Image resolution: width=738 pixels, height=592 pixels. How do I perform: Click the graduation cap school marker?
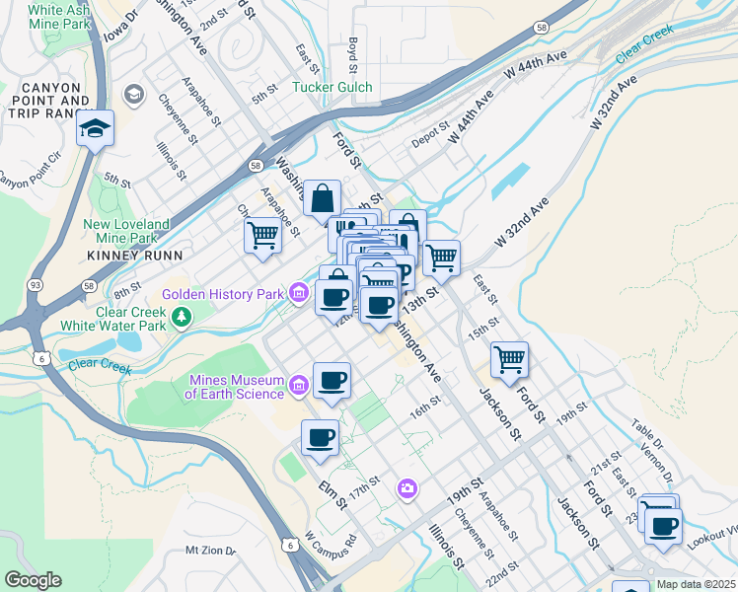(96, 129)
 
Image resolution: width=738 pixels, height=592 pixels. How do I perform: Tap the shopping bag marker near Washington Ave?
(322, 198)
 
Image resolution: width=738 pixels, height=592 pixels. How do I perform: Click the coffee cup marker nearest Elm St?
(320, 438)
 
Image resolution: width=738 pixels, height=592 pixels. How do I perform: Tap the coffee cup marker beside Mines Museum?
(332, 381)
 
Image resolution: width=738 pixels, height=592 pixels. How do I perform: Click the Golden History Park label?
(224, 294)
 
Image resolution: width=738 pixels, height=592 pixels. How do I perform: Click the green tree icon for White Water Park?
(180, 317)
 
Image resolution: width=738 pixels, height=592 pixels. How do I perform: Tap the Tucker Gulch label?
(332, 87)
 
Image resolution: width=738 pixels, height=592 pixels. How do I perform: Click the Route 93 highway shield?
(36, 284)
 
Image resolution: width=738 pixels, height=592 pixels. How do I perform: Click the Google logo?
(33, 580)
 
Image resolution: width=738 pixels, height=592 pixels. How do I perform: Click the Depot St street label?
(430, 142)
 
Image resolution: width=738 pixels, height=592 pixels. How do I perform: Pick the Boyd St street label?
(352, 54)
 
